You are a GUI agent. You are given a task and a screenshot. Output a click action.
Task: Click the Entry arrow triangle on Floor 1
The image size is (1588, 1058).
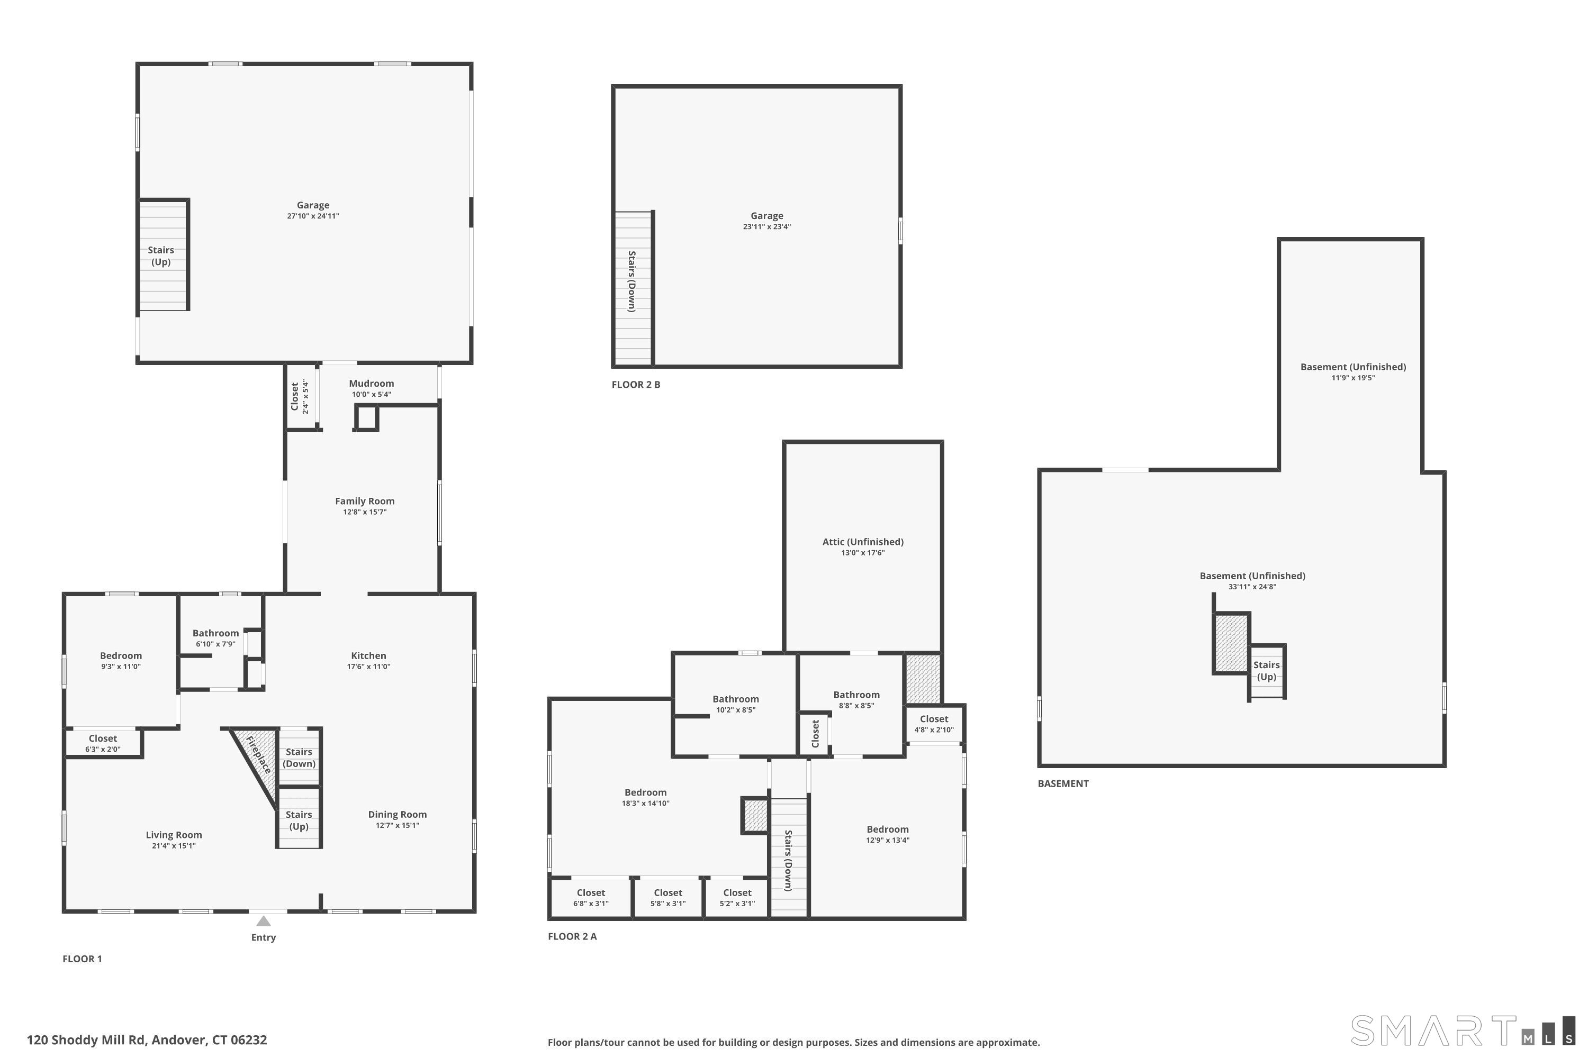pos(263,921)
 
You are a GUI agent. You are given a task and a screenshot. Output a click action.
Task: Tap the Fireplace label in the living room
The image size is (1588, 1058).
pos(259,755)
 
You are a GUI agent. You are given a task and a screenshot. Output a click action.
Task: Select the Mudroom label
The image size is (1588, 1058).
pos(372,383)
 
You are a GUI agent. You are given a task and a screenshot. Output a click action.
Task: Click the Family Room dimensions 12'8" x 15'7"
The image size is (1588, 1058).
pos(365,512)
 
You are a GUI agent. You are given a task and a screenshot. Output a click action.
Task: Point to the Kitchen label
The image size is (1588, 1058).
pos(368,655)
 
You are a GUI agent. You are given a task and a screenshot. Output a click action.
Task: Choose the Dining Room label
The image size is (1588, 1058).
pos(397,815)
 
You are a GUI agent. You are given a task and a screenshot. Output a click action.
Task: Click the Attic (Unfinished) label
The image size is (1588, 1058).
pos(863,542)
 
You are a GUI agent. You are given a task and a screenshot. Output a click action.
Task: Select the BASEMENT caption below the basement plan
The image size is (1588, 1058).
pos(1063,783)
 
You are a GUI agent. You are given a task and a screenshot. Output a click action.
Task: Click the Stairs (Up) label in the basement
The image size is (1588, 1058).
pos(1267,671)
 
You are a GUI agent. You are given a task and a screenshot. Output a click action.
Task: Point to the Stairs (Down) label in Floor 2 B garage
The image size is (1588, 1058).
pos(632,281)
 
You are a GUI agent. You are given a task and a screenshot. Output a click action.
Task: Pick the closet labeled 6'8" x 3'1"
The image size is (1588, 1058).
pos(591,897)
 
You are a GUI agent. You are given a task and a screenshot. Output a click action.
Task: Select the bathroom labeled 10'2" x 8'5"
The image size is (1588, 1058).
pos(736,704)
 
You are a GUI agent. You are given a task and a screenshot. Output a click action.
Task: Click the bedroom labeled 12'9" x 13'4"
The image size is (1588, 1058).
pos(888,834)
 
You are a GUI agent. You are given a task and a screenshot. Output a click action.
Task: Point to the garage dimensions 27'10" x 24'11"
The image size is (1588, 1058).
pos(313,216)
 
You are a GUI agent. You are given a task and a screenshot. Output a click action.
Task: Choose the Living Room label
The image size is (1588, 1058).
pos(174,835)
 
